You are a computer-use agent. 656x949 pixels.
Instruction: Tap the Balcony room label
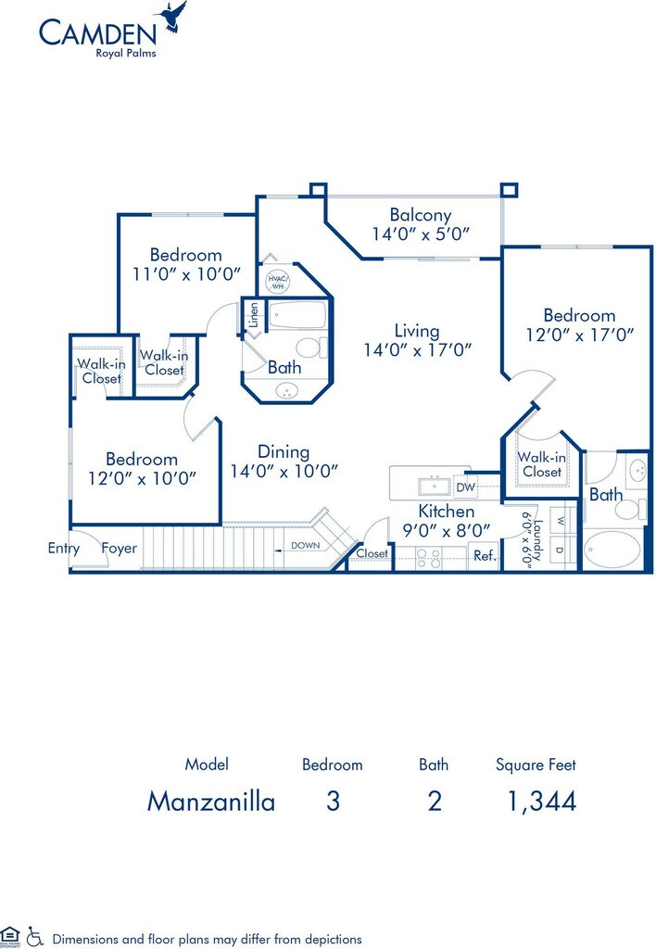click(x=421, y=215)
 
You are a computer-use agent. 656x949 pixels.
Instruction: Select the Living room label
click(x=417, y=331)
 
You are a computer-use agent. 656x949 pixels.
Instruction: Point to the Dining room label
click(x=284, y=451)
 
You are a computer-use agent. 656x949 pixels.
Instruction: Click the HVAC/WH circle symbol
click(x=278, y=282)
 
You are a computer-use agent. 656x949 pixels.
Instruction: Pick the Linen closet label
click(x=254, y=315)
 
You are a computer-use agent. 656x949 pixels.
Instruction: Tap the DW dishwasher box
click(x=465, y=487)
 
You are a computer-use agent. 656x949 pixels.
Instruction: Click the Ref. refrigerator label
click(x=485, y=555)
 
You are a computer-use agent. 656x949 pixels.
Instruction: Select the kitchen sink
click(x=434, y=486)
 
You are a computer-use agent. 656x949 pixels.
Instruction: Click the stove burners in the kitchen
click(x=428, y=558)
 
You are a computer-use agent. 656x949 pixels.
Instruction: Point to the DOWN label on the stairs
click(x=306, y=545)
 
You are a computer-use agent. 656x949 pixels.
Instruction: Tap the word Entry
click(x=64, y=549)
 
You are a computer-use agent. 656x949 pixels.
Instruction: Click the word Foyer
click(x=120, y=549)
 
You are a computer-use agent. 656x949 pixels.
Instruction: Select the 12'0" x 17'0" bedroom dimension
click(x=580, y=335)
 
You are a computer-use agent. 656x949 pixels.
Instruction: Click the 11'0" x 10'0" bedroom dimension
click(x=186, y=274)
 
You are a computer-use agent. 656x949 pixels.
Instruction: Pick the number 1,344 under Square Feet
click(x=542, y=802)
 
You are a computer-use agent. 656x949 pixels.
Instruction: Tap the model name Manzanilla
click(x=211, y=802)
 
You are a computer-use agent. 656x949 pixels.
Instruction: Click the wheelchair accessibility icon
click(x=35, y=936)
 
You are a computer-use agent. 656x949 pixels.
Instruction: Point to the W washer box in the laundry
click(x=559, y=521)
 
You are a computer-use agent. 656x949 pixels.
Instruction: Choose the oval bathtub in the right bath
click(x=612, y=549)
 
